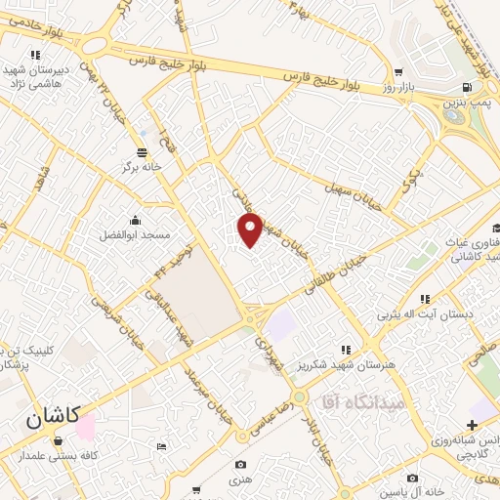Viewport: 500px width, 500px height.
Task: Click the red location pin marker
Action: coord(251,230)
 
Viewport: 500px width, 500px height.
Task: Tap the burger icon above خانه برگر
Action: coord(143,152)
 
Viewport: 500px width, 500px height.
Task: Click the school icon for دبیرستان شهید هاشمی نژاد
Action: coord(36,55)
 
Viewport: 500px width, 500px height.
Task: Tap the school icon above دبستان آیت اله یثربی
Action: coord(424,299)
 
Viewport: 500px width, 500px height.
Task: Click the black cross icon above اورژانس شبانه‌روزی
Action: coord(473,425)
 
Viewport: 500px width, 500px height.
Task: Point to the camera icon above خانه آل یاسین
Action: coord(413,477)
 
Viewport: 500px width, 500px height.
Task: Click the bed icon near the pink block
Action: coord(161,445)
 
